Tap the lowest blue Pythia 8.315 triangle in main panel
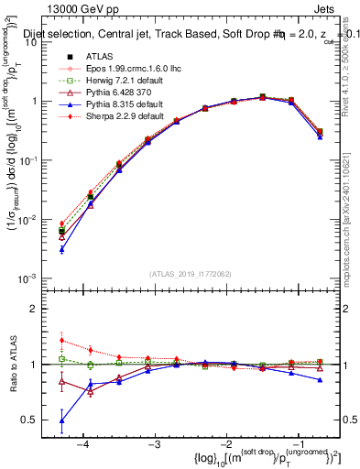(x=61, y=249)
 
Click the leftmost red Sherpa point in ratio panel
(x=61, y=340)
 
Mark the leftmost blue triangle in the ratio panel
(x=61, y=421)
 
